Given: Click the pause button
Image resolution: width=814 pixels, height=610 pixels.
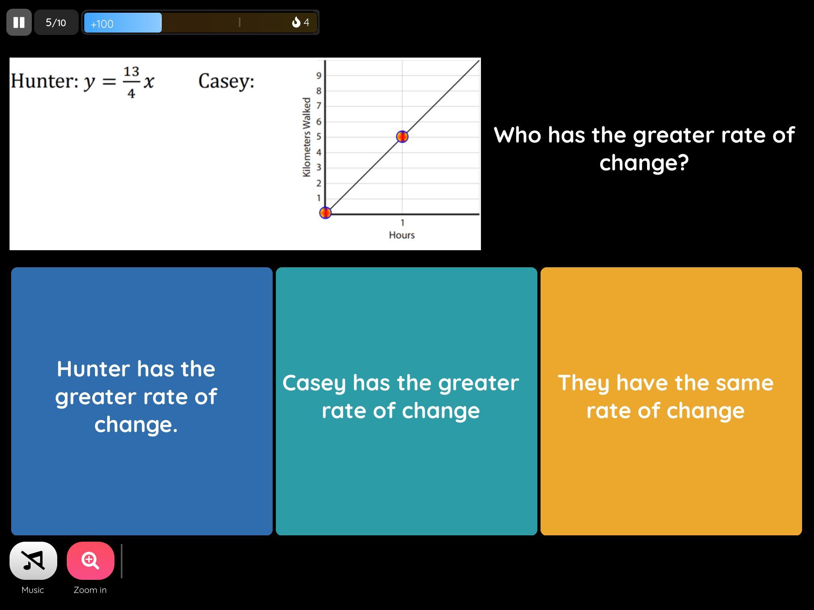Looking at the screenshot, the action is pos(19,22).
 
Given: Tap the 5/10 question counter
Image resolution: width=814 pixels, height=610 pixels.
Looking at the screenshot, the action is pos(56,23).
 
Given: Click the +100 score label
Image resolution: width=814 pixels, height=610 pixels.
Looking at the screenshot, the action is pos(102,24).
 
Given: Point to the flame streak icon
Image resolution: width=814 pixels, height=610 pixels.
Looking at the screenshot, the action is pos(296,22).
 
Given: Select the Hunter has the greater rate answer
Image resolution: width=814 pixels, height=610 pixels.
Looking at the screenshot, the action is pos(142,401).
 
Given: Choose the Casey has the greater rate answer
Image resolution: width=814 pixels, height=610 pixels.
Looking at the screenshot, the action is pos(407,401).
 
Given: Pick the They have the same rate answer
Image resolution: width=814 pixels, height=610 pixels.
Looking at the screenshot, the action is pos(671,401).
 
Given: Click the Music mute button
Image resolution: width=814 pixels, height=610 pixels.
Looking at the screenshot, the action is pos(33,560).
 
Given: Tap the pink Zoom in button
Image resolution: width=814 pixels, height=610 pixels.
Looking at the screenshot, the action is pos(91,560).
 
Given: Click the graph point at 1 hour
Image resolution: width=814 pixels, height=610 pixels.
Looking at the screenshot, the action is pos(402,137).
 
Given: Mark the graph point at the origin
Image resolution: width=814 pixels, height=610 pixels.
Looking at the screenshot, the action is pos(326,213).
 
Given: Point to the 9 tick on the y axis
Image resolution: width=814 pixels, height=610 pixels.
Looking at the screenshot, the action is pos(318,75).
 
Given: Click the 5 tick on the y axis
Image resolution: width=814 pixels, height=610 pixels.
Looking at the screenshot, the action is pos(318,137).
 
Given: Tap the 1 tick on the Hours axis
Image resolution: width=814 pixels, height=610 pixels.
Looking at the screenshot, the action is pos(402,223).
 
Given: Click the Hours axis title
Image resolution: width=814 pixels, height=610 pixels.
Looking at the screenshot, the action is pos(402,235).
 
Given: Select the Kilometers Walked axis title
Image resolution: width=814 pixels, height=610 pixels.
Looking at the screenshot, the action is pos(306,137).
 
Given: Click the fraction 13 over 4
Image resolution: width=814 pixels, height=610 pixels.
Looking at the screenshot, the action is pos(131,82).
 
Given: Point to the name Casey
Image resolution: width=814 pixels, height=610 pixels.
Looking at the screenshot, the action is pos(226,81).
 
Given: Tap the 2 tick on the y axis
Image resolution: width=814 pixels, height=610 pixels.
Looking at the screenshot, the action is pos(318,183).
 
